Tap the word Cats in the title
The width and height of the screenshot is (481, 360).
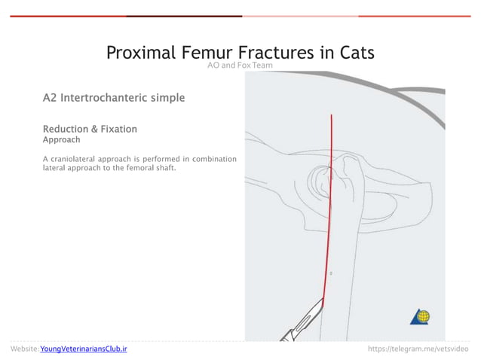pyautogui.click(x=353, y=53)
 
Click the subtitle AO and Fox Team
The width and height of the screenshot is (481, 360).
pyautogui.click(x=240, y=66)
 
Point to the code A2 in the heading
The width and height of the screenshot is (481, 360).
pyautogui.click(x=50, y=98)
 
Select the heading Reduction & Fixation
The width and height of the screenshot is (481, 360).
pyautogui.click(x=90, y=130)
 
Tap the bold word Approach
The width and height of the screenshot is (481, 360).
pyautogui.click(x=62, y=140)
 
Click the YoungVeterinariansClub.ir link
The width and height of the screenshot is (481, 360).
pyautogui.click(x=84, y=349)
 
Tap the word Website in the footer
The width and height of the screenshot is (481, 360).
pyautogui.click(x=24, y=349)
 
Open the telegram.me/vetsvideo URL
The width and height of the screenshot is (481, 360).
pyautogui.click(x=418, y=349)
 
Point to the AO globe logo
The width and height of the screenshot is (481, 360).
pyautogui.click(x=420, y=316)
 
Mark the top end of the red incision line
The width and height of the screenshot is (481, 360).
pyautogui.click(x=332, y=115)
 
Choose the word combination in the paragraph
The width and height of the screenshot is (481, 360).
pyautogui.click(x=214, y=159)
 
